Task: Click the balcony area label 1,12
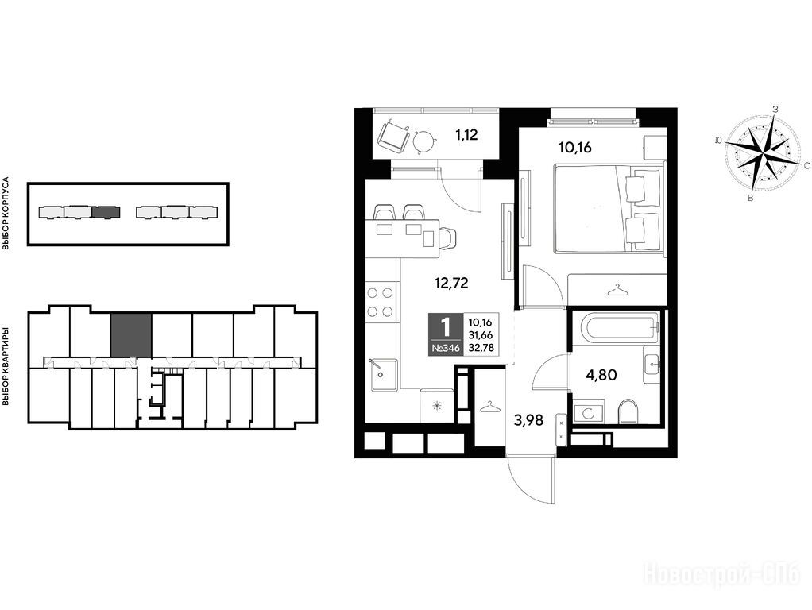pyautogui.click(x=466, y=135)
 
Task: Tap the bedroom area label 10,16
pyautogui.click(x=574, y=148)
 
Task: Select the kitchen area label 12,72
pyautogui.click(x=451, y=283)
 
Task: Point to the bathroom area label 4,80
pyautogui.click(x=601, y=374)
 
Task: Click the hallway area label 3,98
pyautogui.click(x=528, y=420)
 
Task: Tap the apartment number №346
pyautogui.click(x=446, y=349)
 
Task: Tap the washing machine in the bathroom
pyautogui.click(x=590, y=411)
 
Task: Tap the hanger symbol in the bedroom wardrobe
pyautogui.click(x=618, y=291)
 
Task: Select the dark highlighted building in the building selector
pyautogui.click(x=106, y=212)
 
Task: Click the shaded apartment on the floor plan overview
pyautogui.click(x=131, y=335)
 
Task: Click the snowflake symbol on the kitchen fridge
pyautogui.click(x=436, y=406)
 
